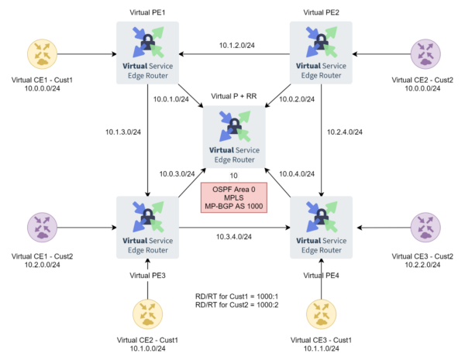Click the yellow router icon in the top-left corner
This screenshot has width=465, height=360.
[41, 53]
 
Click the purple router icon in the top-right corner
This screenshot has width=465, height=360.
[425, 53]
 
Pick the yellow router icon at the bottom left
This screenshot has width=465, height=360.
[147, 314]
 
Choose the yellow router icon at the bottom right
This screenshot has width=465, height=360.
[321, 314]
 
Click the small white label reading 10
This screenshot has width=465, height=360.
[234, 177]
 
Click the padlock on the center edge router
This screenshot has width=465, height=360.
[234, 127]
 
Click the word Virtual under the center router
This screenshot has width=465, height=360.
[221, 151]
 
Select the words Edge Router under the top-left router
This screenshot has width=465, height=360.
[147, 76]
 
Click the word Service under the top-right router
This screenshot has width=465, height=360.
[335, 66]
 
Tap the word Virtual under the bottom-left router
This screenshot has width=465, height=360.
[134, 241]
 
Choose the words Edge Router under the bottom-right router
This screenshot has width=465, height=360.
[321, 250]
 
